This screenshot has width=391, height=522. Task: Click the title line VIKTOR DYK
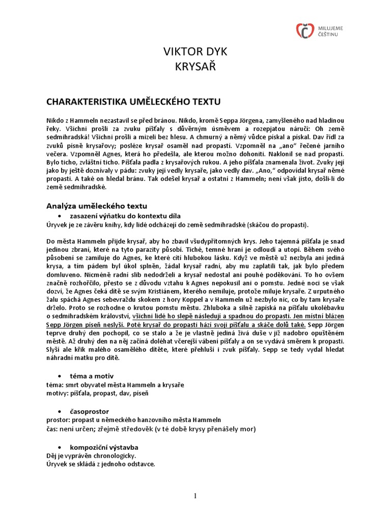pos(195,52)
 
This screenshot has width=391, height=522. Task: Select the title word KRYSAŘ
pos(195,67)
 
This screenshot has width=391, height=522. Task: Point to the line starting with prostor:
pos(133,420)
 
